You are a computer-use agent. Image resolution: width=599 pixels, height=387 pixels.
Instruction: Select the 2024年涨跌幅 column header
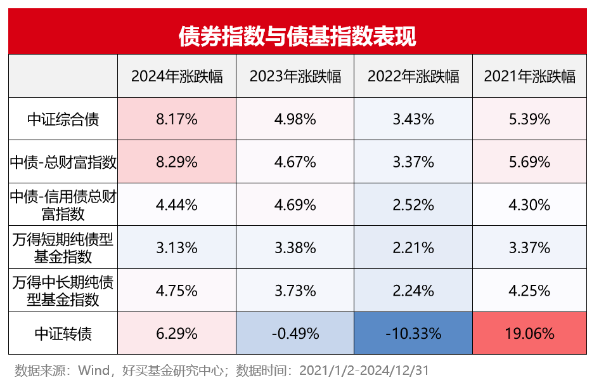(x=177, y=76)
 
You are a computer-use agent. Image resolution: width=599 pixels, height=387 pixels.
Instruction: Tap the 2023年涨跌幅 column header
(x=295, y=76)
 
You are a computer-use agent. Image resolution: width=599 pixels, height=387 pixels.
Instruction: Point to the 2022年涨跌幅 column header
(x=413, y=76)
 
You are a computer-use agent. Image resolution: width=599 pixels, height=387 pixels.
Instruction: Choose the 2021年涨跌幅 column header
(x=530, y=76)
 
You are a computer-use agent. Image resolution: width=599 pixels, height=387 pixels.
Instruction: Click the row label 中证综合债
(x=63, y=119)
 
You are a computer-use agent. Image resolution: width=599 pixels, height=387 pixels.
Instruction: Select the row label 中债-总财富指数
(x=63, y=162)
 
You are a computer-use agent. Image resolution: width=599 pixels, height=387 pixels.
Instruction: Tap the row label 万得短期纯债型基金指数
(x=63, y=247)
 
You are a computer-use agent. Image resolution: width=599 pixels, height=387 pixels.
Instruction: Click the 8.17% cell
(x=177, y=119)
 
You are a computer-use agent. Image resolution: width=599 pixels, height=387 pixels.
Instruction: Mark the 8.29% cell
(x=177, y=162)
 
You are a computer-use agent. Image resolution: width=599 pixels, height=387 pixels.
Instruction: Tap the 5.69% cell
(x=530, y=162)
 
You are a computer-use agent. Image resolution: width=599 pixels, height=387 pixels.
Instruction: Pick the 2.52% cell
(x=413, y=205)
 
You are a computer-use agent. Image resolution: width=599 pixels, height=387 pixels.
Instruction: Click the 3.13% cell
(x=177, y=247)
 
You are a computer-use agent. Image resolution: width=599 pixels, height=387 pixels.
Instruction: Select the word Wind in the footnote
(x=94, y=370)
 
